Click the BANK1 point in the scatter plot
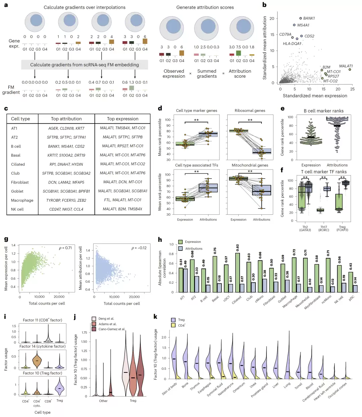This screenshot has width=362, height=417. [x=300, y=18]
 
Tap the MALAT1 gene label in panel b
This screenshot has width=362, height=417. [x=346, y=66]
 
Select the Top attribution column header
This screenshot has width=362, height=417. [x=66, y=119]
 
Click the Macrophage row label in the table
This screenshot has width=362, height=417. [x=22, y=200]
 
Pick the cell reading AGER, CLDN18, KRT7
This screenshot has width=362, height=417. [x=66, y=128]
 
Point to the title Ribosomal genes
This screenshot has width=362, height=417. [x=250, y=111]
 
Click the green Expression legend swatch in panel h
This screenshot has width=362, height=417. [x=180, y=242]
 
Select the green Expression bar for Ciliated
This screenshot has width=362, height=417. [x=237, y=273]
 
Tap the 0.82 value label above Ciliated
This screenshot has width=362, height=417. [x=237, y=248]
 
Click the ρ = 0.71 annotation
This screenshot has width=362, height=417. [x=65, y=248]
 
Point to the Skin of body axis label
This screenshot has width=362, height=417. [x=170, y=389]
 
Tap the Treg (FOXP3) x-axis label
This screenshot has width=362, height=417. [x=342, y=228]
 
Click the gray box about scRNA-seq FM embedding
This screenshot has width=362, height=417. [x=84, y=65]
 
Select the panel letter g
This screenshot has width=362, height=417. [x=6, y=239]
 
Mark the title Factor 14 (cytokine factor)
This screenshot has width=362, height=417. [x=43, y=346]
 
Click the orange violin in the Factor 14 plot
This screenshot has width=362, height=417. [x=37, y=360]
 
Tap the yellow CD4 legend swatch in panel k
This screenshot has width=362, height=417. [x=173, y=325]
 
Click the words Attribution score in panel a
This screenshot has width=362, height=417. [x=240, y=74]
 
